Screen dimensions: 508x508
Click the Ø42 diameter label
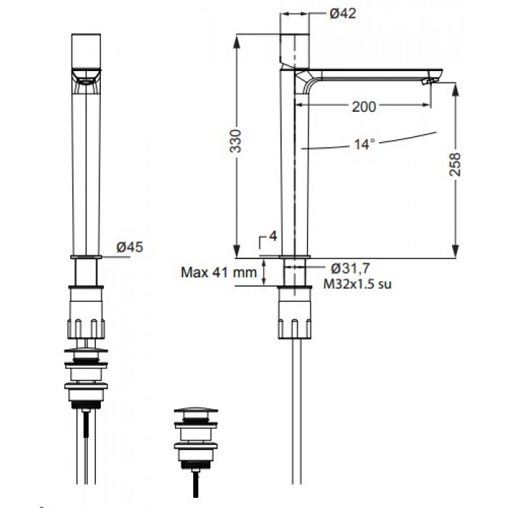click(x=343, y=14)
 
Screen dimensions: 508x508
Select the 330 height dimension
click(x=236, y=142)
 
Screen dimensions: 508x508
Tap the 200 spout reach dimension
click(x=364, y=106)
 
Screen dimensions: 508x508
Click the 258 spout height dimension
click(x=455, y=164)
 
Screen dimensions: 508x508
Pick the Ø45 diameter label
click(x=130, y=247)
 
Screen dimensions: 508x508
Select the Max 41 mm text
click(x=218, y=272)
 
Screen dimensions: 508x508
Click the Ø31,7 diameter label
click(x=351, y=269)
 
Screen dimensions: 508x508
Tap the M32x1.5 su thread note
click(x=357, y=284)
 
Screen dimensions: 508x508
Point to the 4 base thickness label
click(x=273, y=236)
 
